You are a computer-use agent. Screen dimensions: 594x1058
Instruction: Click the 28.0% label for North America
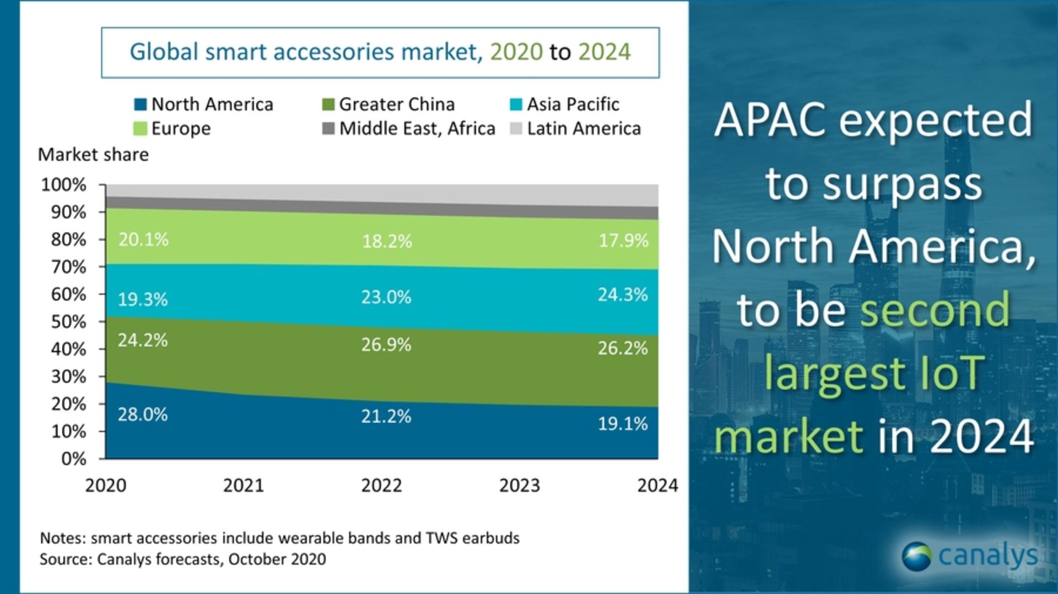coord(143,414)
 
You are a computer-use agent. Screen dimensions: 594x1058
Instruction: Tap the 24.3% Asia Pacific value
coord(623,295)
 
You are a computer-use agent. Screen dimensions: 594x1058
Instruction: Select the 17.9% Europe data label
coord(623,241)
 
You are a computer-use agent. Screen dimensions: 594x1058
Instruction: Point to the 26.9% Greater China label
coord(386,345)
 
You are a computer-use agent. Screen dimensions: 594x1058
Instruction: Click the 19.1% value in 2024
coord(623,423)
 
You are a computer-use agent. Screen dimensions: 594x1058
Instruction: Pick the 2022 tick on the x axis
coord(381,485)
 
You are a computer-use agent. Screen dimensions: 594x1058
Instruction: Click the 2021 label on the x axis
coord(244,485)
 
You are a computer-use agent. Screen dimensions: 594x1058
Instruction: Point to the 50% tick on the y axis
coord(69,321)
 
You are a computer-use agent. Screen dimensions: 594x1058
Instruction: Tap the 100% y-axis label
coord(64,184)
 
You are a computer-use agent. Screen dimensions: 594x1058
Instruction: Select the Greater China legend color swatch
coord(328,104)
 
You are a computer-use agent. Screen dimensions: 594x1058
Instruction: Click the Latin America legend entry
coord(584,128)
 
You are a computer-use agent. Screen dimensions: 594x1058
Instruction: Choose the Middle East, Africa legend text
coord(417,128)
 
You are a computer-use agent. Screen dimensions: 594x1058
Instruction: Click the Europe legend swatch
coord(141,128)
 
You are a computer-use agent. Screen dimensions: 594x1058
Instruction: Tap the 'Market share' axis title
coord(93,155)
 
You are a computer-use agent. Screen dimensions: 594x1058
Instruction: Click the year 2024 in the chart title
coord(604,52)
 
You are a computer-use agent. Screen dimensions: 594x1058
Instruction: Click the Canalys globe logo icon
coord(917,556)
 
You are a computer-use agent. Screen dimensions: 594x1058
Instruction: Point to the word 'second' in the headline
coord(935,309)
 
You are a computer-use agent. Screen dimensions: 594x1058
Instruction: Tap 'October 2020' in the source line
coord(277,559)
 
